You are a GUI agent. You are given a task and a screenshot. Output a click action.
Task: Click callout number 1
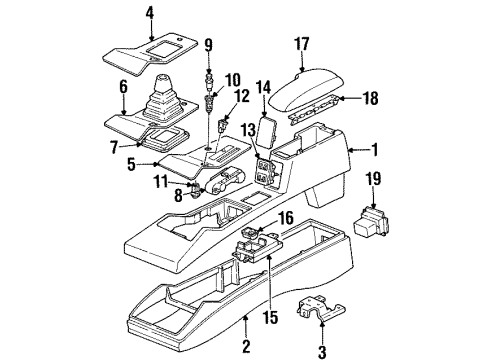point(374,152)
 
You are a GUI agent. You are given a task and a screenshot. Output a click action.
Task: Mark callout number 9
point(208,45)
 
